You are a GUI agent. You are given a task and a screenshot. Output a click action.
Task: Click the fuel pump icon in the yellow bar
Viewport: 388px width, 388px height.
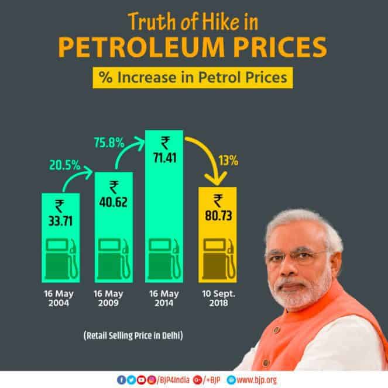(218, 258)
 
